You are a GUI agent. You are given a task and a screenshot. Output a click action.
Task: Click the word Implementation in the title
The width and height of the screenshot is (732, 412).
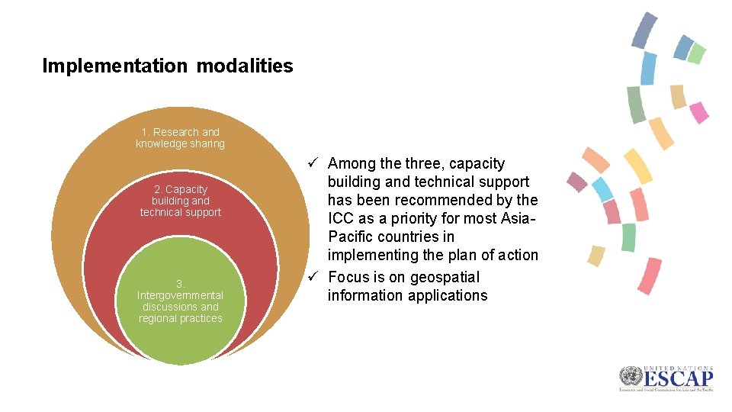pyautogui.click(x=114, y=66)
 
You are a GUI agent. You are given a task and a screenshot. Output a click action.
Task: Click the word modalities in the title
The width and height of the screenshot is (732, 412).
pyautogui.click(x=244, y=66)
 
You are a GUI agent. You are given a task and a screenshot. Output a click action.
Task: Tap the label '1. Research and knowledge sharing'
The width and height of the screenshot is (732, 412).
pyautogui.click(x=180, y=138)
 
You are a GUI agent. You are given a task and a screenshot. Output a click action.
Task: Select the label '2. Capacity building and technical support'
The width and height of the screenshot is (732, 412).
pyautogui.click(x=180, y=201)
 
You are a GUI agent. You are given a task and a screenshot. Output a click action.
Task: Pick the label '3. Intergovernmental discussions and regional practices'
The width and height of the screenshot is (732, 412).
pyautogui.click(x=180, y=301)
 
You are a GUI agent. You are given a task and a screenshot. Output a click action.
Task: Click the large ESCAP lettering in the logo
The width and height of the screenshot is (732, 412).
pyautogui.click(x=677, y=378)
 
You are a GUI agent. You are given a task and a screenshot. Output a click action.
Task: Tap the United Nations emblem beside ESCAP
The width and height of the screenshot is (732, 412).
pyautogui.click(x=630, y=377)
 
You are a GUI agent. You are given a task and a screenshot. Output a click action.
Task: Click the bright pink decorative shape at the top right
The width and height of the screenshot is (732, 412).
pyautogui.click(x=698, y=112)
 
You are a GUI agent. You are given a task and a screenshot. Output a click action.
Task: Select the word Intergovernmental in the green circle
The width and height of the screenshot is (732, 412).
pyautogui.click(x=180, y=295)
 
